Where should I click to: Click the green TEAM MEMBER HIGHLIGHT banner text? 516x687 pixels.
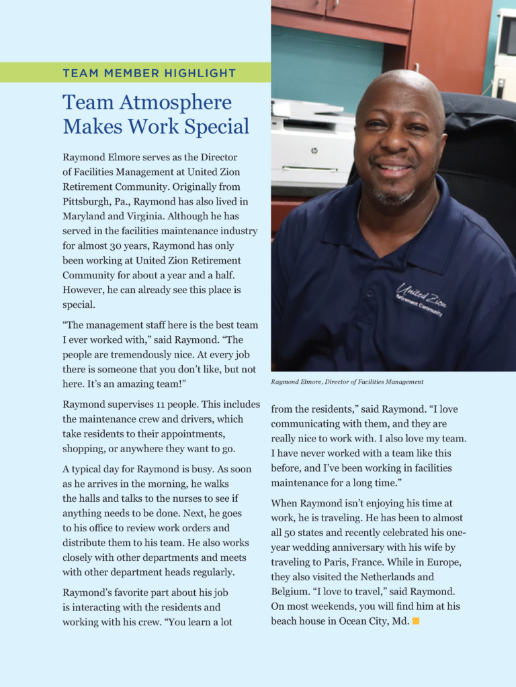(x=149, y=73)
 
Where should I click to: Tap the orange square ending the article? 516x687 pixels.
(x=416, y=621)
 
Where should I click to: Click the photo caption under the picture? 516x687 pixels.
(x=347, y=382)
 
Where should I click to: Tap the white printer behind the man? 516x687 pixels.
(x=311, y=144)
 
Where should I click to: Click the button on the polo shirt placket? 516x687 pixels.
(x=368, y=293)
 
